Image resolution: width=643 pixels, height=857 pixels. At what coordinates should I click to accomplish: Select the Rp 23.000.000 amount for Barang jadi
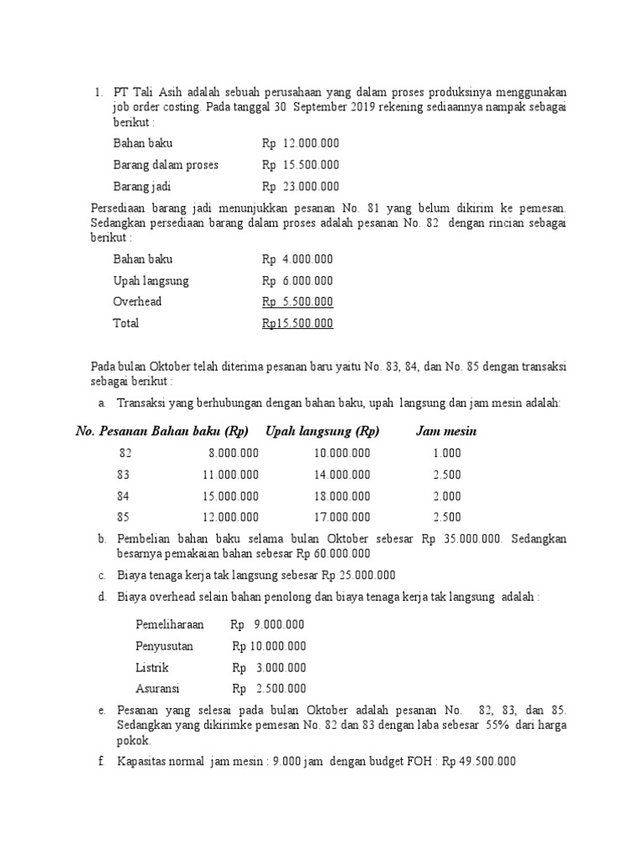coord(301,187)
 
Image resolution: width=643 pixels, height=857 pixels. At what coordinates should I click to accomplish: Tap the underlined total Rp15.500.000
coord(297,323)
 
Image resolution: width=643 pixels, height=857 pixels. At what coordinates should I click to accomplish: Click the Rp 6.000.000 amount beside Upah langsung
coord(297,280)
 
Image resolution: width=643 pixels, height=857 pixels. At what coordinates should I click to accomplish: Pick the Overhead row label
coord(137,301)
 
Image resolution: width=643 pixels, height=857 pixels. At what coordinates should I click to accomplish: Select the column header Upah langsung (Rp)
coord(322,431)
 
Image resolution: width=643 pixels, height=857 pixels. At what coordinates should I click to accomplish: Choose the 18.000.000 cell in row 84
coord(342,495)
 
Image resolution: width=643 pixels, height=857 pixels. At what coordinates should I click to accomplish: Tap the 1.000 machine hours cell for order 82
coord(447,453)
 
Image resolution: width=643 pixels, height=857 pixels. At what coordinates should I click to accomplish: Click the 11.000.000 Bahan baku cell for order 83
coord(231,474)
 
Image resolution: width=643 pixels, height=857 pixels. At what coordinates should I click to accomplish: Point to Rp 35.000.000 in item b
coord(461,539)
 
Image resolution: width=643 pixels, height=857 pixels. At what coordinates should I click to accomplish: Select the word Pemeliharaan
coord(169,624)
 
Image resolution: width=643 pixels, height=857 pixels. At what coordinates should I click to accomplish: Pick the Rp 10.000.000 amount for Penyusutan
coord(269,646)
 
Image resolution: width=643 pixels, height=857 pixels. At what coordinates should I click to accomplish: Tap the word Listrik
coord(152,668)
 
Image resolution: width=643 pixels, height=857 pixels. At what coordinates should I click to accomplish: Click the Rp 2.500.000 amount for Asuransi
coord(269,689)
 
